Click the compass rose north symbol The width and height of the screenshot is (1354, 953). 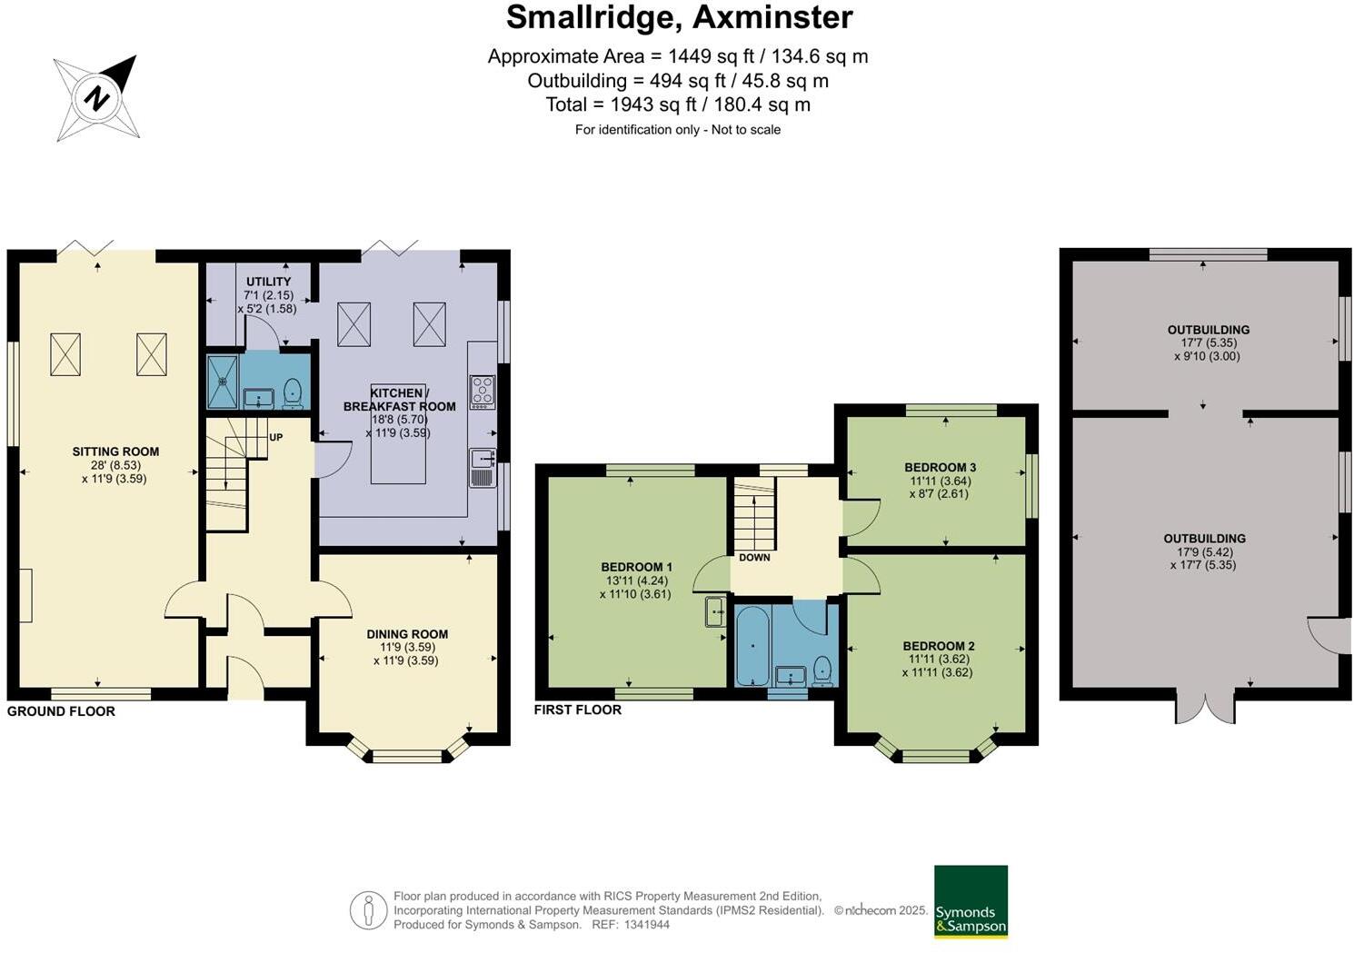pyautogui.click(x=97, y=97)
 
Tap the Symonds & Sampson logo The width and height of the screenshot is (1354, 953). pyautogui.click(x=971, y=901)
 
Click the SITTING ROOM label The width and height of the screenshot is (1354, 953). pyautogui.click(x=115, y=452)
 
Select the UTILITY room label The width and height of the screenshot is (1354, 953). pyautogui.click(x=268, y=282)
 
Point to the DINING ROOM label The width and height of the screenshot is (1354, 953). pyautogui.click(x=407, y=634)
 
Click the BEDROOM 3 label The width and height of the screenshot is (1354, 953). pyautogui.click(x=939, y=468)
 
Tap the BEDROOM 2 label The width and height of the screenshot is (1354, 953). pyautogui.click(x=939, y=646)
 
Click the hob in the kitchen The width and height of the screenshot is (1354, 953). pyautogui.click(x=482, y=392)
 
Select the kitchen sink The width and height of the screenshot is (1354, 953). pyautogui.click(x=482, y=467)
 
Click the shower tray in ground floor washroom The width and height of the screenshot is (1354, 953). pyautogui.click(x=222, y=382)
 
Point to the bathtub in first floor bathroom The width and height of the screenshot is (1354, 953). pyautogui.click(x=752, y=647)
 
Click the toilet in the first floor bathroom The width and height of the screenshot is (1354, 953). pyautogui.click(x=822, y=670)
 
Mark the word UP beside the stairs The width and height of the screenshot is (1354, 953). pyautogui.click(x=275, y=437)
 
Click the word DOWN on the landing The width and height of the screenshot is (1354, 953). pyautogui.click(x=754, y=557)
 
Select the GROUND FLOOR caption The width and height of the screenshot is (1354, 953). pyautogui.click(x=61, y=711)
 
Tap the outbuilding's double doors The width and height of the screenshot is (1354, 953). pyautogui.click(x=1205, y=709)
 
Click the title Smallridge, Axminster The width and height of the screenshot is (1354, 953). pyautogui.click(x=679, y=17)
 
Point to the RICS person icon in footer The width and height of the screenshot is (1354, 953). pyautogui.click(x=368, y=910)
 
